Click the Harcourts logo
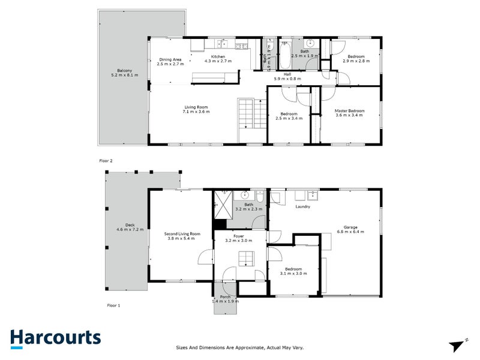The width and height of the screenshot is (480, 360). point(55,337)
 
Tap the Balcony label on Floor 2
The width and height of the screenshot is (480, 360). point(125,73)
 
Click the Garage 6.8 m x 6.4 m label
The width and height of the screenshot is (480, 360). point(350,229)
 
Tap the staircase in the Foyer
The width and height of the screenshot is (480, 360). point(246,259)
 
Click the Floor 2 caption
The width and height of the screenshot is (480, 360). point(106,161)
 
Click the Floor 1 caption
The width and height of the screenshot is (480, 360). point(113,305)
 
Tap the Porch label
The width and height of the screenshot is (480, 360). point(226,299)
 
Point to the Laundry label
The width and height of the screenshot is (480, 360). point(302,206)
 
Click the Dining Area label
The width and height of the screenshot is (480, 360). point(170,61)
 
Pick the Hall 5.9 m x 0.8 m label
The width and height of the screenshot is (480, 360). point(287,77)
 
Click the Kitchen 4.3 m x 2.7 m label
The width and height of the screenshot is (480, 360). point(217,59)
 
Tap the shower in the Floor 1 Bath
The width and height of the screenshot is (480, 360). point(223,206)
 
